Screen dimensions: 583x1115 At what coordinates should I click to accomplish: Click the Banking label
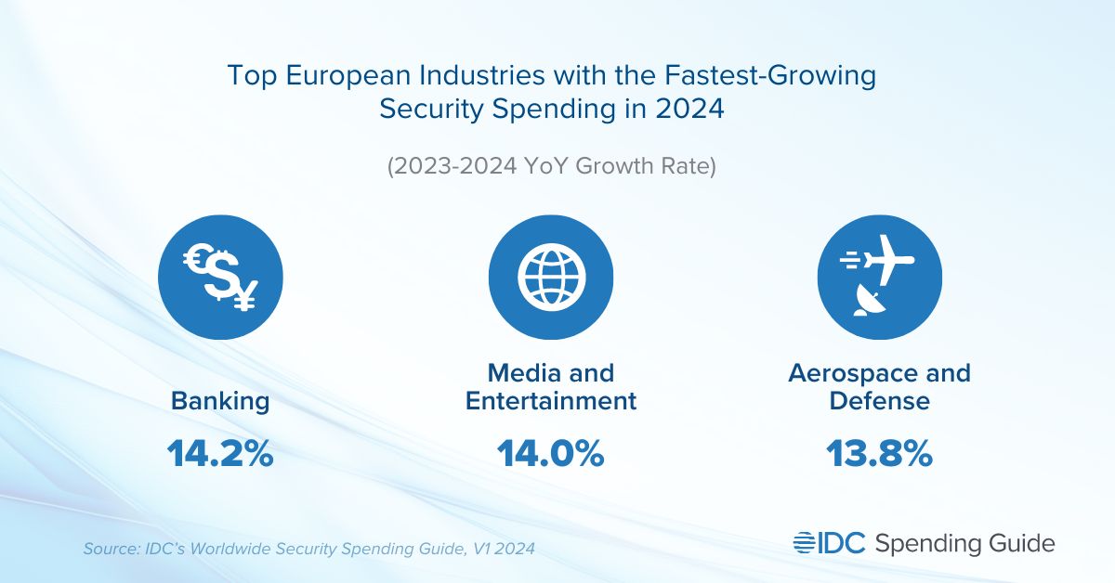tap(220, 401)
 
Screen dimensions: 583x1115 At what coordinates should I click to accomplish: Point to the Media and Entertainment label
tap(550, 387)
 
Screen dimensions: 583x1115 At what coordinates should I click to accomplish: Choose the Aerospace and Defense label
tap(879, 387)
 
